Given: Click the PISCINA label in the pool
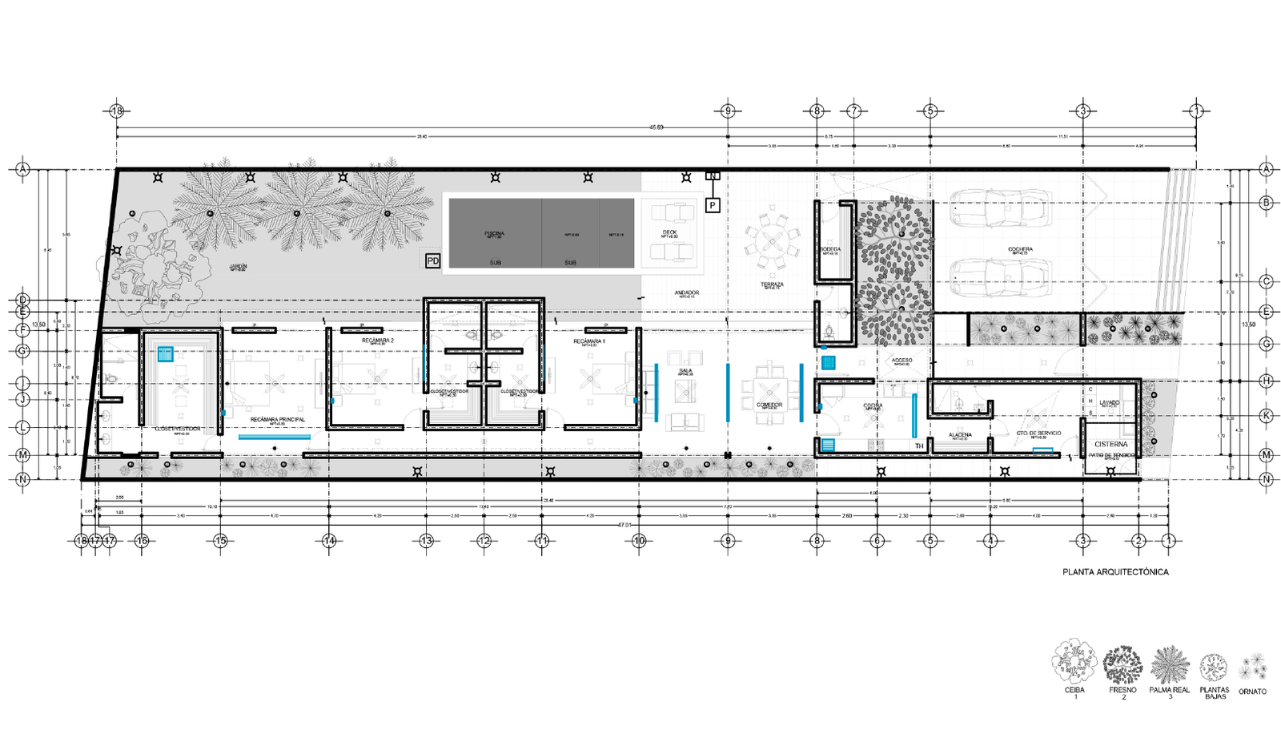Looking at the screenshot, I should coord(494,233).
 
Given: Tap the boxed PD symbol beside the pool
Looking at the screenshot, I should coord(432,260).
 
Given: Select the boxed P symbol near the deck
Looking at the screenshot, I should coord(712,205).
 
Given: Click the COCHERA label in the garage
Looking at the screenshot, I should coord(1020,249).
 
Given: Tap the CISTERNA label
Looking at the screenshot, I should coord(1110,444).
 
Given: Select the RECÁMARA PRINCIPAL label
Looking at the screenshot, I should coord(277,419).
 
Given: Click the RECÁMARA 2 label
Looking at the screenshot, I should coord(378,341).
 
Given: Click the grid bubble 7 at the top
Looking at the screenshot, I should coord(853,111).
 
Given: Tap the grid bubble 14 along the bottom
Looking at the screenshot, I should coord(329,541).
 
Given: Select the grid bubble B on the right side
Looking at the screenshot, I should coord(1267,203).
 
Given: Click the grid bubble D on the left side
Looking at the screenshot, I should coord(22,300).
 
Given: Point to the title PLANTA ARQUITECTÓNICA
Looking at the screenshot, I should coord(1114,572).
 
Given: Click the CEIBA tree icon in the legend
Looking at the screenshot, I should coord(1074,663).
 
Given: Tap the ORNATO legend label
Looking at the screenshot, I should coord(1252,691).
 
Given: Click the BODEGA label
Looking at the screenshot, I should coord(830,249).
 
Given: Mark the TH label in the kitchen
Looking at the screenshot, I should coord(919,446).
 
